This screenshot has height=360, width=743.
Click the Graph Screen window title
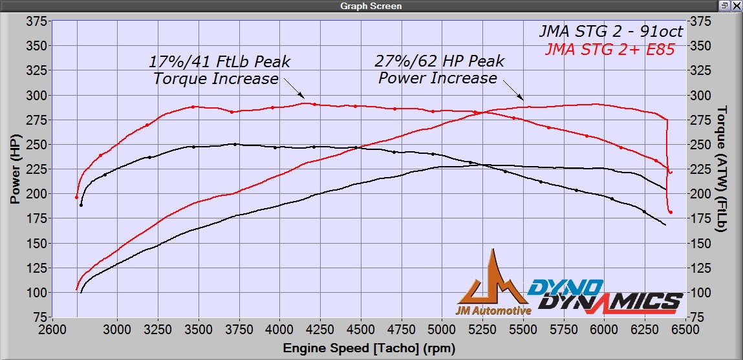(371, 6)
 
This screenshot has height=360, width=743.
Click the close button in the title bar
(737, 6)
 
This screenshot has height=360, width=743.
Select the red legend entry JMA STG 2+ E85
(610, 49)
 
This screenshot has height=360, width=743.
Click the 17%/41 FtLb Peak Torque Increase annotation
(219, 70)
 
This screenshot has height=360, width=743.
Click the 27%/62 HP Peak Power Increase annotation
(439, 70)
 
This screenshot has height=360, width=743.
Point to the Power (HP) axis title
(14, 169)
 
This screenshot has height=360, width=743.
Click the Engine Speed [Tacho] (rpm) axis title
(369, 348)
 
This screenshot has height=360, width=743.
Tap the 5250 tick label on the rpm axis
(483, 329)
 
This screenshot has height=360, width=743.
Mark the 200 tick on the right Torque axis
(700, 194)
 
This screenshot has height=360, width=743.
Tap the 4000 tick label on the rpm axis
(279, 329)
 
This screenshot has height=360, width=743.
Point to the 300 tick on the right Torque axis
(700, 96)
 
